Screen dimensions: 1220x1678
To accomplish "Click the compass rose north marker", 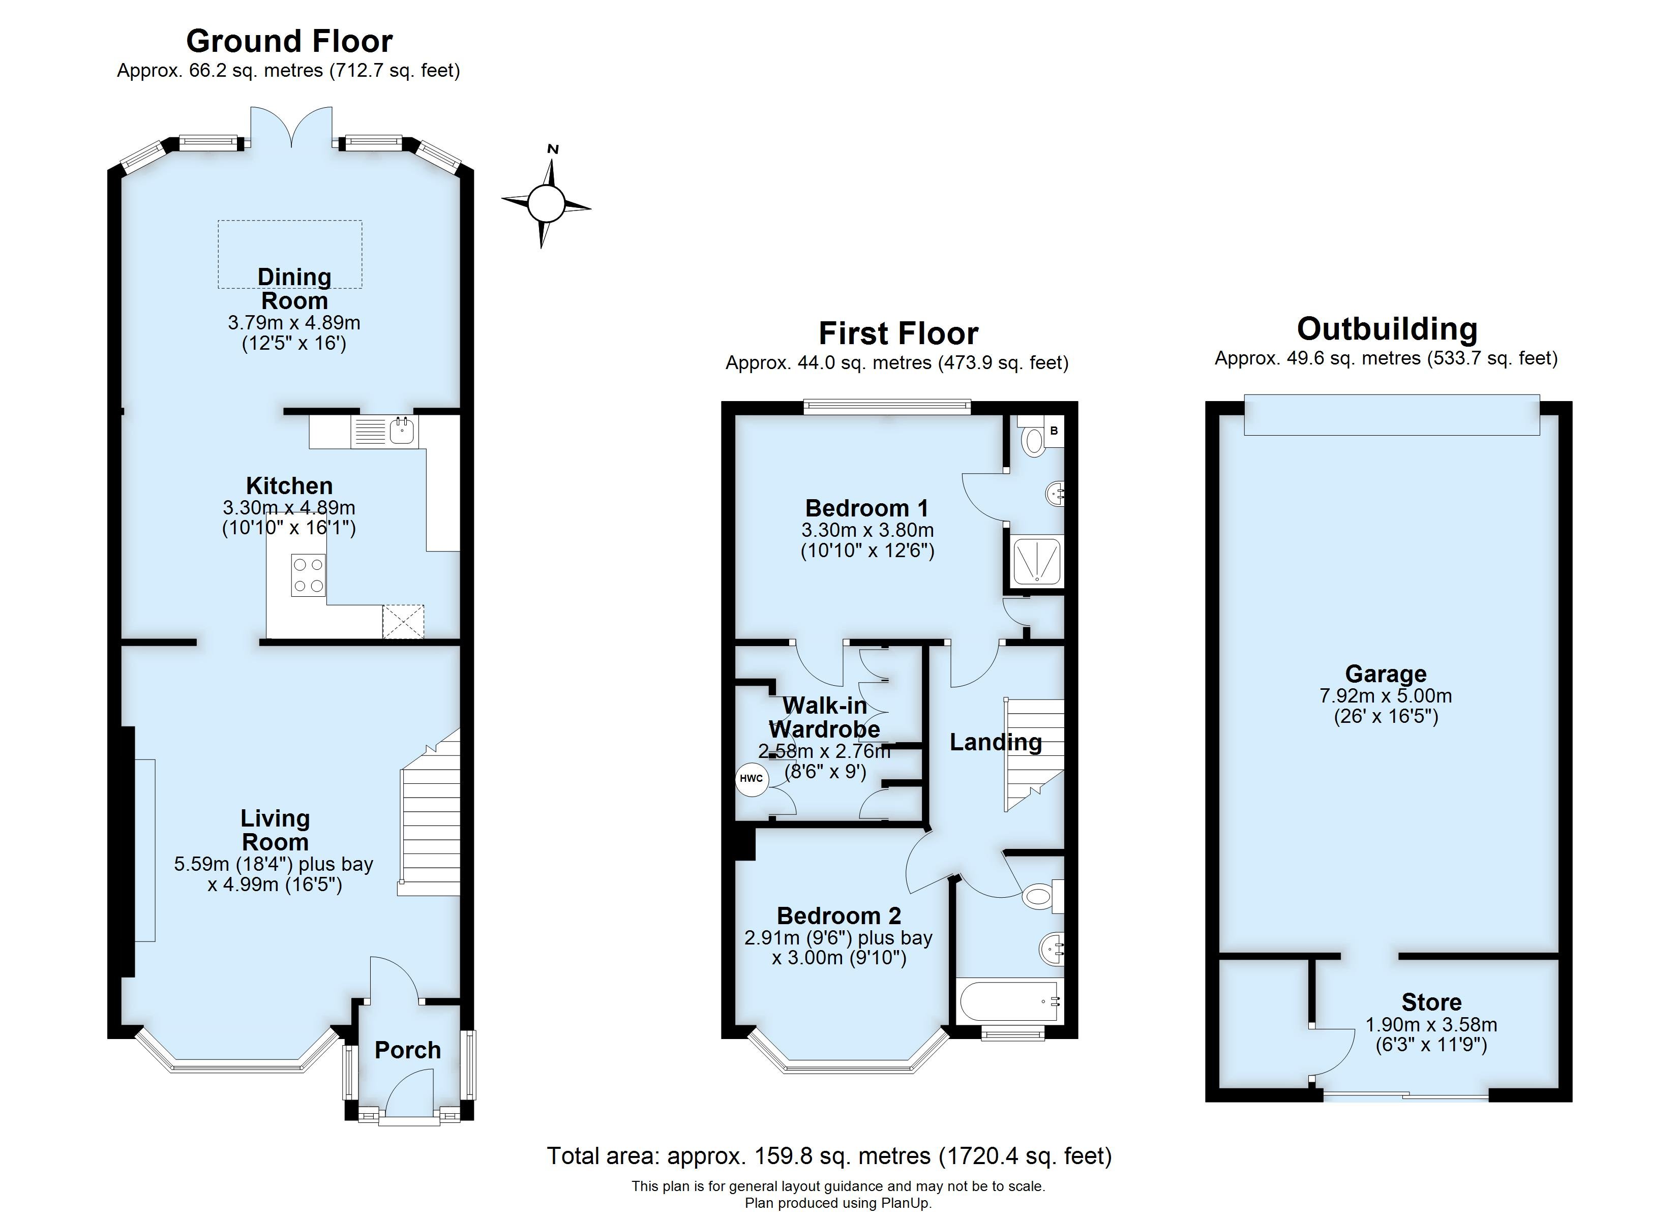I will click(552, 150).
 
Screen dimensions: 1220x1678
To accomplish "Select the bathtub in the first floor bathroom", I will click(1010, 1002).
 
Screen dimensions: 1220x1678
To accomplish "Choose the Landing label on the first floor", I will click(995, 742).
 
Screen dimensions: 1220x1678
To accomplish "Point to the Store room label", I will click(1431, 1002).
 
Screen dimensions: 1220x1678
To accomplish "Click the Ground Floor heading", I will click(289, 42).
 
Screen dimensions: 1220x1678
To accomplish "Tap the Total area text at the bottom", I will click(829, 1155).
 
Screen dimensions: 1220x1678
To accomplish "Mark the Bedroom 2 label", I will click(839, 916).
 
